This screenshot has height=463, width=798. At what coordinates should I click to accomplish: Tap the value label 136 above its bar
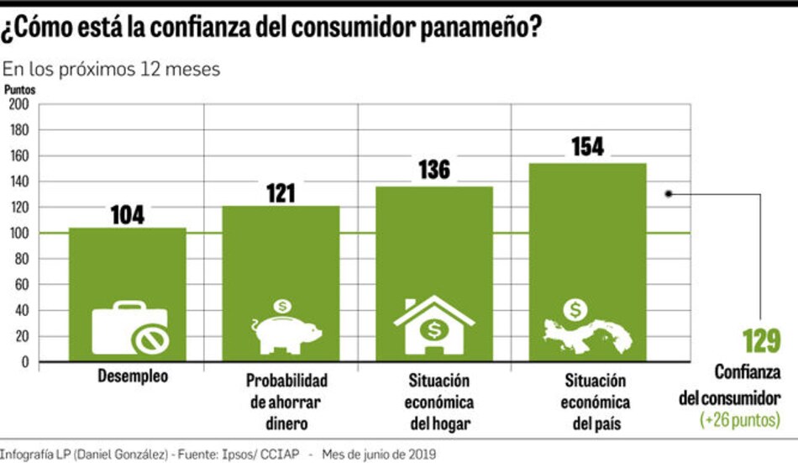433,170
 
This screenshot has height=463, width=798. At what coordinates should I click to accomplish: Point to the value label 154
586,146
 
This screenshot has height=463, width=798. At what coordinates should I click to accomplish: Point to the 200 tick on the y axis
18,104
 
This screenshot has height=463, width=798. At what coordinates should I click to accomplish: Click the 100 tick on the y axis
18,234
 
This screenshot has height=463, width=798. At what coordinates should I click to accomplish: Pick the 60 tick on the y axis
21,285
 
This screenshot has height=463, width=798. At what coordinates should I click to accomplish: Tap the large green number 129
761,342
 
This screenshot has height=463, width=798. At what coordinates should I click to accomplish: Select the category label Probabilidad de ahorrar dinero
286,402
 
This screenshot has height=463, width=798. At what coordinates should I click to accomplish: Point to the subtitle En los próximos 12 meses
112,69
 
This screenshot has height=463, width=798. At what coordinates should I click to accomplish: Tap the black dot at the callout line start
668,192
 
